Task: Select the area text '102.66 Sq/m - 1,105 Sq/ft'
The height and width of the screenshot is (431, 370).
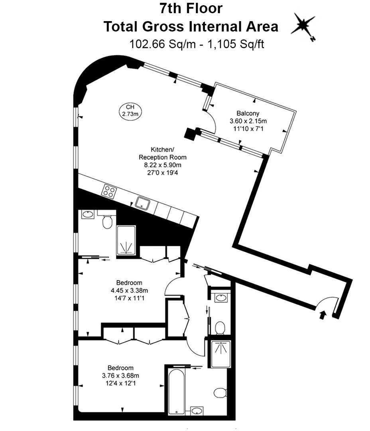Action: tap(197, 43)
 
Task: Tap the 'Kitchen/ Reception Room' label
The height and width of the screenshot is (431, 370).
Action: tap(162, 154)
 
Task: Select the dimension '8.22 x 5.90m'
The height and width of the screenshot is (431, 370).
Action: tap(162, 165)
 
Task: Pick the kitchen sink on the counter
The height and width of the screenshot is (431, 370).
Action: tap(142, 203)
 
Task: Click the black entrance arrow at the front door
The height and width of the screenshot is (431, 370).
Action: tap(322, 315)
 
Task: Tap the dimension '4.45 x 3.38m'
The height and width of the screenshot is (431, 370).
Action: tap(126, 290)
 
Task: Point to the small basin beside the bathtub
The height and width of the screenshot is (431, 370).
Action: tap(196, 411)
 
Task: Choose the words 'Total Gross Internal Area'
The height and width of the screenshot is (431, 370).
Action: tap(191, 26)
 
